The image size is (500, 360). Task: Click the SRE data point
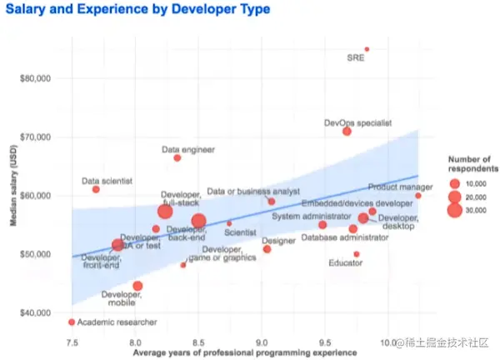pyautogui.click(x=367, y=49)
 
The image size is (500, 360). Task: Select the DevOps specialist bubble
pyautogui.click(x=347, y=132)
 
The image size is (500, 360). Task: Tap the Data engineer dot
pyautogui.click(x=177, y=157)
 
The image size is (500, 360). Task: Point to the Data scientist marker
pyautogui.click(x=96, y=189)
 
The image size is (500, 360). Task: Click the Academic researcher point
pyautogui.click(x=72, y=322)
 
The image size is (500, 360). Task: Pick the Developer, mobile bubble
pyautogui.click(x=137, y=286)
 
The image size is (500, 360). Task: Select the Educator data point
pyautogui.click(x=356, y=254)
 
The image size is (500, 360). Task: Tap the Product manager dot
pyautogui.click(x=418, y=196)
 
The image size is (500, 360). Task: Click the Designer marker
pyautogui.click(x=267, y=249)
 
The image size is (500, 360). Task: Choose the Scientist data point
pyautogui.click(x=229, y=223)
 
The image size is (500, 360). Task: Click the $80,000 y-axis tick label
pyautogui.click(x=35, y=78)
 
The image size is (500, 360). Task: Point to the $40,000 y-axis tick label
pyautogui.click(x=35, y=312)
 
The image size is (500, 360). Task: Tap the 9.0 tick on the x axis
pyautogui.click(x=262, y=342)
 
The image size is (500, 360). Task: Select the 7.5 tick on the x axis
pyautogui.click(x=72, y=342)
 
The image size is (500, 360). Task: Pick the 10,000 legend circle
pyautogui.click(x=454, y=182)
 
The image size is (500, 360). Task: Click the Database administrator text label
pyautogui.click(x=345, y=237)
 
